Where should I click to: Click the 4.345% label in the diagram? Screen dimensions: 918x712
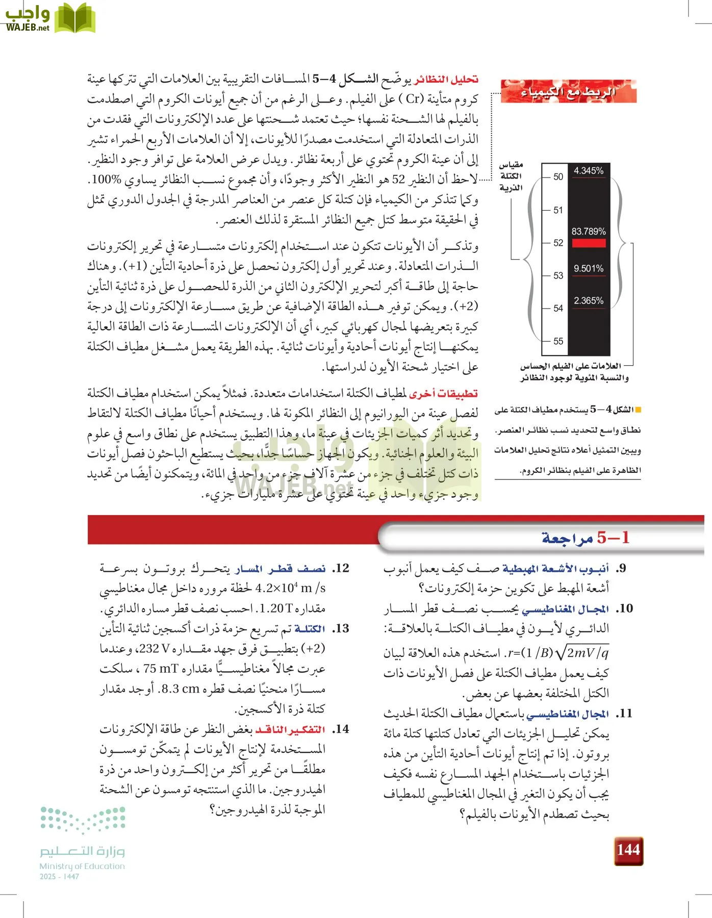(588, 171)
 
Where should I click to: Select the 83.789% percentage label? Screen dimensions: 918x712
(588, 231)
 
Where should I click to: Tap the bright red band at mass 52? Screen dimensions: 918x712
(589, 243)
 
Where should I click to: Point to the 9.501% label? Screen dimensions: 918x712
(588, 268)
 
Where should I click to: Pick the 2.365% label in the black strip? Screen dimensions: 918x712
(588, 300)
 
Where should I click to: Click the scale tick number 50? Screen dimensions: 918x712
(558, 177)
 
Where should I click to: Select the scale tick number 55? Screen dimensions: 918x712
(558, 341)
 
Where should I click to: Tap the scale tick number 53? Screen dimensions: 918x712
(558, 275)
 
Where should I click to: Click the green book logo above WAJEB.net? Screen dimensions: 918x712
(74, 18)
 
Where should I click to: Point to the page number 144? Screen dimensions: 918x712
(628, 850)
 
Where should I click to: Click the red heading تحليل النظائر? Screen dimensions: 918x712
(446, 79)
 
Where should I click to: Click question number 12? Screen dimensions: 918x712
(341, 568)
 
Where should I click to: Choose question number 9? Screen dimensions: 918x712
(620, 568)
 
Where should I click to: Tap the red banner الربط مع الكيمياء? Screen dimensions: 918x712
(568, 92)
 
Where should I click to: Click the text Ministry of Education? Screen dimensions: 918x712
(82, 866)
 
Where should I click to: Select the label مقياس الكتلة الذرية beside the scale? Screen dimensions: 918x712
(511, 176)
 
